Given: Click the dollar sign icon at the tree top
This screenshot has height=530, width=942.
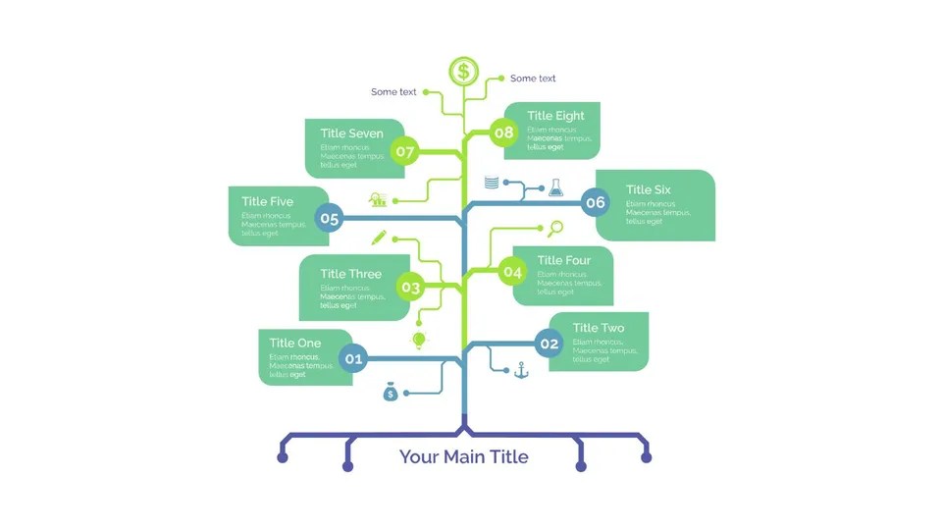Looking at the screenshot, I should coord(464,71).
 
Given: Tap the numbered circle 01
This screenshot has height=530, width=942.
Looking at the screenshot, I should coord(354,358).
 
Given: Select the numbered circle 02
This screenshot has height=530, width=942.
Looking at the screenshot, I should coord(549,343).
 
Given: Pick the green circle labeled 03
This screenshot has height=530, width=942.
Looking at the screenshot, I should coord(410,288).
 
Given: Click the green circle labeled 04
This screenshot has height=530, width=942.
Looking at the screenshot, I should coord(512,272).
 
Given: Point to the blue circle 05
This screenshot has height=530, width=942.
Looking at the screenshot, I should coord(329,219).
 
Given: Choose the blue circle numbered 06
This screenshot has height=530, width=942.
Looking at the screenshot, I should coord(595,203).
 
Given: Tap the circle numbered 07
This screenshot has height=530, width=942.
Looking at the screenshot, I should coord(404,152).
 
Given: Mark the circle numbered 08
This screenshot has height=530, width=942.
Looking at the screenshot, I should coord(503,132).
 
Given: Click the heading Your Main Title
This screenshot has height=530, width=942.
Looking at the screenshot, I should coord(463,456).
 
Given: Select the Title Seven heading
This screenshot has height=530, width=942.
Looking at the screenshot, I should coord(351,133).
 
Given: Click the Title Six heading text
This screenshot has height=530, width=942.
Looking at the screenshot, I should coord(649,189).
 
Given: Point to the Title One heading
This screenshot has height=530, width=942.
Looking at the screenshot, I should coord(295,343).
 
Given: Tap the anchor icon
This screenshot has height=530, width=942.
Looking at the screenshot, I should coord(522,370).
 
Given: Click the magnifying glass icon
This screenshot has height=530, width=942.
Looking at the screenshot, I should coord(555,229).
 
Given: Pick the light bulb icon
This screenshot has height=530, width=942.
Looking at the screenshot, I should coord(419,340).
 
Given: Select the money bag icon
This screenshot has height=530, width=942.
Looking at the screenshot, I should coord(391,393).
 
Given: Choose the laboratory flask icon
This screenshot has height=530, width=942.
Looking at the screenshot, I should coord(555,185).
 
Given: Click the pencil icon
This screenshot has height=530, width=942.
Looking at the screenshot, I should coord(379,237).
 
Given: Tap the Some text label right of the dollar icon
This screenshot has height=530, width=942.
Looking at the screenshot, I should coord(533,79).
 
